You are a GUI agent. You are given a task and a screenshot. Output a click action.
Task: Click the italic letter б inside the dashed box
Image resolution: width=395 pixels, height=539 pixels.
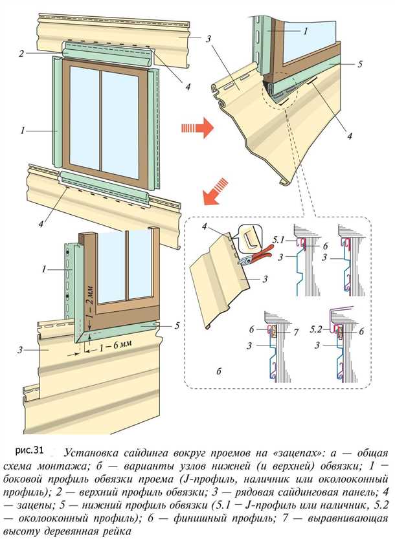click(220, 371)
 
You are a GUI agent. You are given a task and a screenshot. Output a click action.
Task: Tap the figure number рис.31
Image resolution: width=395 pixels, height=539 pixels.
click(28, 448)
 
